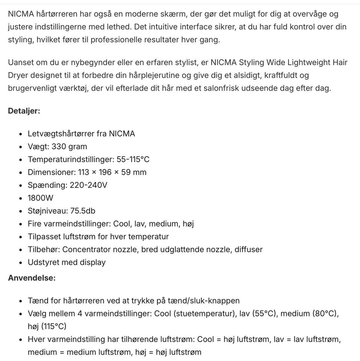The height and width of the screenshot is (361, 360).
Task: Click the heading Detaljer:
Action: tap(24, 111)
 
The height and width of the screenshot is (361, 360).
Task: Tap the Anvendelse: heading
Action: tap(31, 278)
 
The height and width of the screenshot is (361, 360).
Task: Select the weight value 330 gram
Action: tap(69, 147)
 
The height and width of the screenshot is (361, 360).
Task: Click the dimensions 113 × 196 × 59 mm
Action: tap(112, 172)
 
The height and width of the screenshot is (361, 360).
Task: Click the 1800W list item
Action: tap(40, 198)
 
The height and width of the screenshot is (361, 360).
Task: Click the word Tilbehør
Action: tap(43, 249)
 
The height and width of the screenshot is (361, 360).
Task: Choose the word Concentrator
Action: tap(87, 249)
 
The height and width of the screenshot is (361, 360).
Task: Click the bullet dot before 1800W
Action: tap(20, 198)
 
